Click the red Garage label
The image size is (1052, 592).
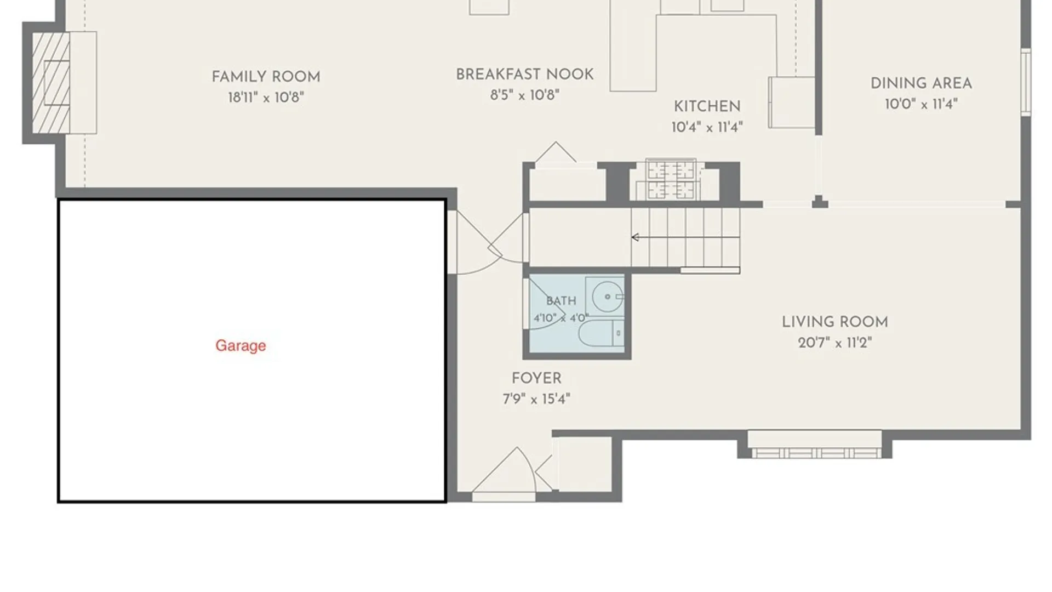tap(241, 346)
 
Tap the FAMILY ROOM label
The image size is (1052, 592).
tap(266, 77)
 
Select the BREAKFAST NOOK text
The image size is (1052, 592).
tap(525, 75)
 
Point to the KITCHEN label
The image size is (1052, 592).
tap(707, 106)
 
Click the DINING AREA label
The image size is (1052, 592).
tap(922, 84)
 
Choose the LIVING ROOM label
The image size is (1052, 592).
tap(835, 322)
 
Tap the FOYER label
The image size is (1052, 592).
tap(536, 379)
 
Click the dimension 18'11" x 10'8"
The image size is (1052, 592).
tap(266, 98)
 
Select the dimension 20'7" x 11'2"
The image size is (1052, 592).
tap(835, 343)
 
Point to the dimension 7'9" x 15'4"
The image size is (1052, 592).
tap(536, 399)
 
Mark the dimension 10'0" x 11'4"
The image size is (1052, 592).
tap(922, 104)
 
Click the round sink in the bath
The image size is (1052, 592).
tap(607, 297)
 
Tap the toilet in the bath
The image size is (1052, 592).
tap(602, 333)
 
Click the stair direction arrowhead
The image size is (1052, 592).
tap(636, 237)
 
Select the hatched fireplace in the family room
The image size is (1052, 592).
tap(51, 83)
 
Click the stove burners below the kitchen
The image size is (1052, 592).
tap(671, 180)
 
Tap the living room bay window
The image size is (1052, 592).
tap(815, 445)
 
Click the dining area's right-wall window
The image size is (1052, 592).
tap(1026, 82)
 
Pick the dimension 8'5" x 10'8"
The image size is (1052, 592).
tap(525, 95)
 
